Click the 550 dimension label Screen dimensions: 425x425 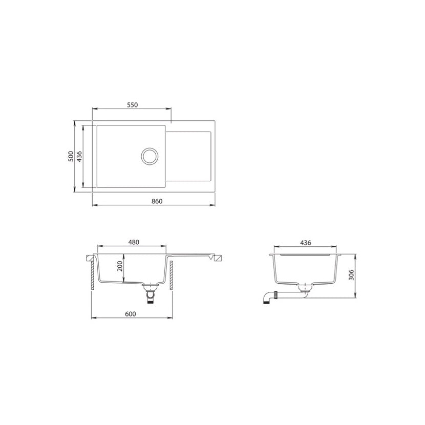click(x=133, y=104)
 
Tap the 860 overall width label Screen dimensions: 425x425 click(x=157, y=201)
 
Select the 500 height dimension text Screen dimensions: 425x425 click(x=71, y=156)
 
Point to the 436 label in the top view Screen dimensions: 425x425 click(x=79, y=156)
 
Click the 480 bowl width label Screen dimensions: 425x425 click(x=134, y=242)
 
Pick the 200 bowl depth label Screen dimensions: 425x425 click(x=120, y=266)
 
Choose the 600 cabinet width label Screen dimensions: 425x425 click(x=131, y=314)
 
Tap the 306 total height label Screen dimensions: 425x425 click(x=351, y=275)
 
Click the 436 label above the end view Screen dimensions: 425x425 click(x=306, y=243)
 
